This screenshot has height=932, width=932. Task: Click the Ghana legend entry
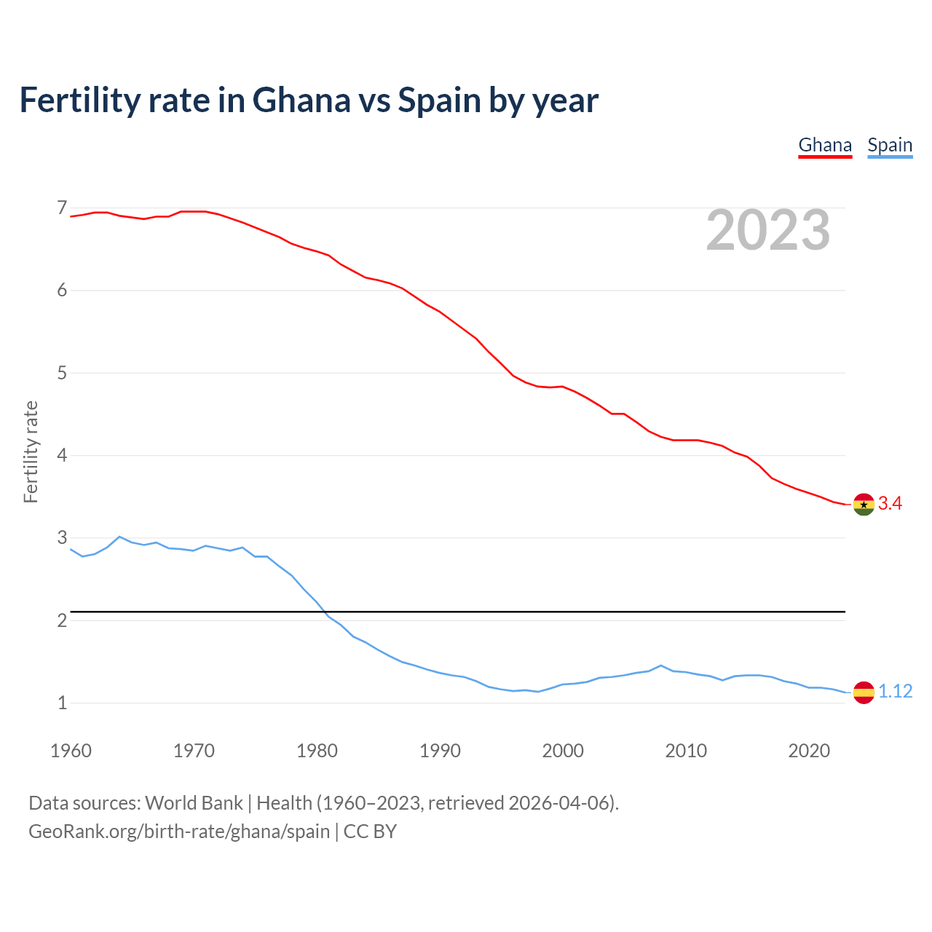pos(825,145)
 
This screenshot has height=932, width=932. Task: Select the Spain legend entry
pos(890,145)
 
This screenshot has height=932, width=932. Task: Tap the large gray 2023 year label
pos(768,230)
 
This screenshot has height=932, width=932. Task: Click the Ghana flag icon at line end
pos(864,504)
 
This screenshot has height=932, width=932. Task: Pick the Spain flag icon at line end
pos(864,692)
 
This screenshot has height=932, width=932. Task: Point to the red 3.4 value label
pos(890,503)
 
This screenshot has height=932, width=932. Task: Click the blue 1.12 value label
pos(895,691)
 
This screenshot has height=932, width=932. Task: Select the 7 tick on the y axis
pos(62,208)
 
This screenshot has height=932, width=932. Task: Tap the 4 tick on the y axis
pos(62,456)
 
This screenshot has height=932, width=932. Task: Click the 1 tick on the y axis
pos(62,703)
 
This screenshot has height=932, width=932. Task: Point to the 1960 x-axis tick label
pos(71,751)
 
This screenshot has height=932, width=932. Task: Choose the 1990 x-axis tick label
pos(440,751)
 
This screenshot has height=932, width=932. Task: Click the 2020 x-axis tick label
pos(809,751)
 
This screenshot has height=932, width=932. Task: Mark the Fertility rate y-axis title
pos(31,451)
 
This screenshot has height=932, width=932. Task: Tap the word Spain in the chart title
pos(438,100)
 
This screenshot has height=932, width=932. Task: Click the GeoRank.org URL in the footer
pos(179,831)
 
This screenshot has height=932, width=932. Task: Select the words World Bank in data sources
pos(194,802)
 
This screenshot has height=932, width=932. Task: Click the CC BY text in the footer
pos(370,831)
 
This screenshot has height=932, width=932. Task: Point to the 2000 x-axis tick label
pos(563,751)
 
